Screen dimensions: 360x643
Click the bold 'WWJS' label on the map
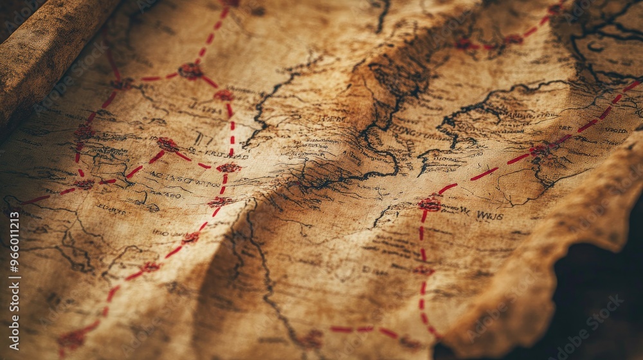point(489,215)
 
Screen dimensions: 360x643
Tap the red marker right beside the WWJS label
point(430,204)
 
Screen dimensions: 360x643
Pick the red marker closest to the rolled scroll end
point(121,83)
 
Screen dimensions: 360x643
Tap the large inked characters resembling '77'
point(203,138)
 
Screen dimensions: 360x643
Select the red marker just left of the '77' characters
point(168,144)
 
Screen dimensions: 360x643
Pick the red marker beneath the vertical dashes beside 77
point(228,168)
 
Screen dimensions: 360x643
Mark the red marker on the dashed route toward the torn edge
point(539,151)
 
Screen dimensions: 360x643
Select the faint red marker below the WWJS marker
point(423,271)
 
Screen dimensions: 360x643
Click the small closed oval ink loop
point(595,47)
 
